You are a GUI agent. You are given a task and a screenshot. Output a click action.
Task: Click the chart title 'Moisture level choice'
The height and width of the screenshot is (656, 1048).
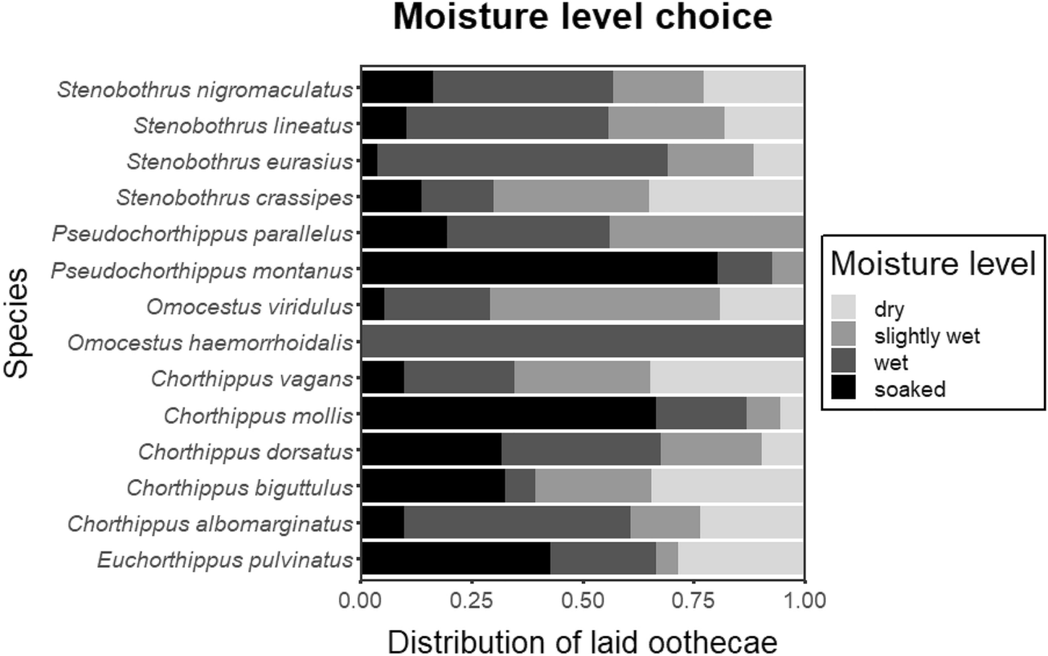(x=582, y=18)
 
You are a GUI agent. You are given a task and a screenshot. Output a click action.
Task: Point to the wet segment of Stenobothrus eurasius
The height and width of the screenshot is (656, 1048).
(x=522, y=160)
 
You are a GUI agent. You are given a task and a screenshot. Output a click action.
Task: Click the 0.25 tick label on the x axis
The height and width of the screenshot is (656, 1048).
(x=472, y=601)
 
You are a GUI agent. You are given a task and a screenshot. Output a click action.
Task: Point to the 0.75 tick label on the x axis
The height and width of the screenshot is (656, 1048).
(x=694, y=601)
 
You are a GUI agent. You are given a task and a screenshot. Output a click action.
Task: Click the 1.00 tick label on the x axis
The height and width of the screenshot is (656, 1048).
(x=804, y=601)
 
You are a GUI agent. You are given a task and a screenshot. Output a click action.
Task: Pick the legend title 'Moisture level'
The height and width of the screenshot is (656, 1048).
(x=932, y=264)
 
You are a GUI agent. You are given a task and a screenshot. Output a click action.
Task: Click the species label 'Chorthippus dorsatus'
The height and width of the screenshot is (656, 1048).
(x=244, y=451)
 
